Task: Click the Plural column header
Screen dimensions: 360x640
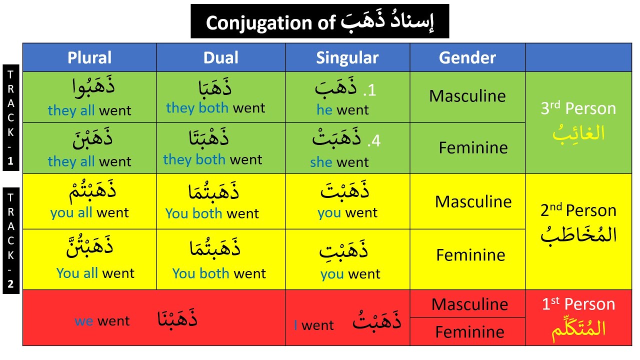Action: click(89, 57)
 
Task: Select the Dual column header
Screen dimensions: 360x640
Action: click(221, 57)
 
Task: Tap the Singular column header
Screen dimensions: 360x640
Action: click(347, 57)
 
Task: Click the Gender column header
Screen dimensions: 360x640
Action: click(467, 57)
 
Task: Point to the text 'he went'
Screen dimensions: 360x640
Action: click(342, 110)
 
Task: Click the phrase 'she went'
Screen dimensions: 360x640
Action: click(339, 162)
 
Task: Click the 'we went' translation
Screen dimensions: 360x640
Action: click(102, 321)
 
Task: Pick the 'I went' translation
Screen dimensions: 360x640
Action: click(313, 325)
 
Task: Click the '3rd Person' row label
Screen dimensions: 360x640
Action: click(578, 108)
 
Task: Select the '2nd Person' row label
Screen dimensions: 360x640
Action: click(578, 210)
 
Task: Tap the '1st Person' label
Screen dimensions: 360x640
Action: click(578, 304)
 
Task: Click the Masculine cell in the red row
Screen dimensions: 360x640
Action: click(469, 304)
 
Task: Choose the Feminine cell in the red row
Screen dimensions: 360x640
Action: click(469, 331)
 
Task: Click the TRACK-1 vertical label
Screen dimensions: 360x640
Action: click(11, 117)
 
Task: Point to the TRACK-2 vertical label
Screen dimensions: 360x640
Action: click(11, 240)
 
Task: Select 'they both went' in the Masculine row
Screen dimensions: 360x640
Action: click(215, 108)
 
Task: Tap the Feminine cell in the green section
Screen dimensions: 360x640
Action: click(473, 147)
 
